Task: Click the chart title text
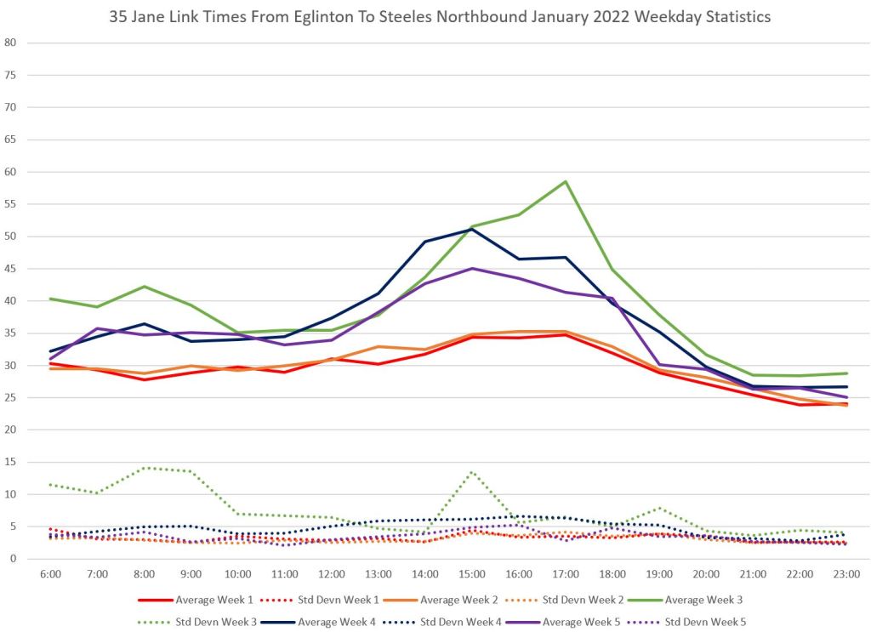pyautogui.click(x=435, y=16)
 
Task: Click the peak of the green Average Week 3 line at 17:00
pyautogui.click(x=565, y=181)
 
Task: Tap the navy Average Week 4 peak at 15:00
pyautogui.click(x=472, y=229)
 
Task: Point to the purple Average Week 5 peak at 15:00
pyautogui.click(x=472, y=269)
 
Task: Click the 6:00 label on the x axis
pyautogui.click(x=51, y=576)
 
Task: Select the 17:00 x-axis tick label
pyautogui.click(x=565, y=576)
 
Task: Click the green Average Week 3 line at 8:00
pyautogui.click(x=145, y=287)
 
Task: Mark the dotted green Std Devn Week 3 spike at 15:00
pyautogui.click(x=472, y=472)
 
